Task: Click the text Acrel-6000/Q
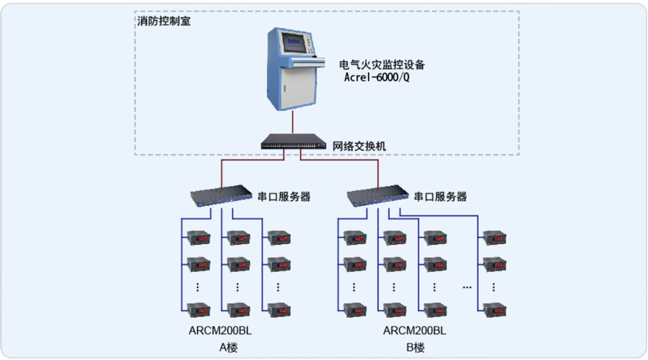[x=377, y=77]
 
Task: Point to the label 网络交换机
[x=359, y=145]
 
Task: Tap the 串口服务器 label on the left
[x=284, y=196]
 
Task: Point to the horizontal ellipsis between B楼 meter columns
[x=467, y=288]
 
